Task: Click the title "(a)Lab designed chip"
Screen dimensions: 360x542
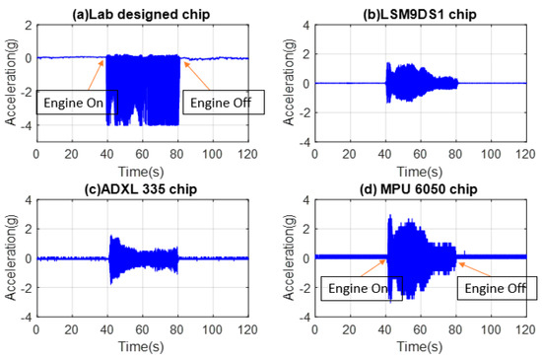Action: pyautogui.click(x=142, y=12)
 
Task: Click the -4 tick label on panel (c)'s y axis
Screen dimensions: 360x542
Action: pyautogui.click(x=27, y=317)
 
